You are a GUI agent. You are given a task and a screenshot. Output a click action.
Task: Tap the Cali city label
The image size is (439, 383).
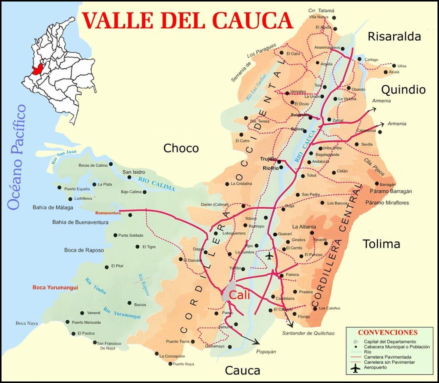tap(239, 295)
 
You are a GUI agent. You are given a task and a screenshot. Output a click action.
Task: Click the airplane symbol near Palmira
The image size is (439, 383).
tap(269, 256)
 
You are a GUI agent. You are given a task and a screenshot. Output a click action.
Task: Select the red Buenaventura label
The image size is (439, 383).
tap(108, 213)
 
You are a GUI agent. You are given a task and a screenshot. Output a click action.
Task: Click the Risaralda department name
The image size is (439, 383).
tap(394, 36)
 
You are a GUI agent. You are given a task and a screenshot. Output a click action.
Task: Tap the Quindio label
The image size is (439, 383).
tap(403, 90)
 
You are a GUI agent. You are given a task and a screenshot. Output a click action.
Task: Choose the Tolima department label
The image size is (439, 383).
tap(381, 244)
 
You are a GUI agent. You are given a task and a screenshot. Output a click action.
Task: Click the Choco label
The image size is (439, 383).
tap(181, 149)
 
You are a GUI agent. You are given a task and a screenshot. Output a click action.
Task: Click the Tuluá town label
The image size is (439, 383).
tap(311, 176)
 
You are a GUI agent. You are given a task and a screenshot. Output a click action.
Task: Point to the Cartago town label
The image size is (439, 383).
tap(371, 59)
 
